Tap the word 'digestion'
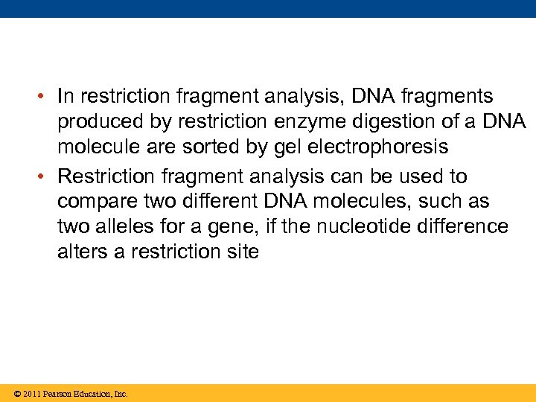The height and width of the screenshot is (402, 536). point(386,122)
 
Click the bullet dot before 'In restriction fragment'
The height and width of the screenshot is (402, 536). point(45,98)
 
